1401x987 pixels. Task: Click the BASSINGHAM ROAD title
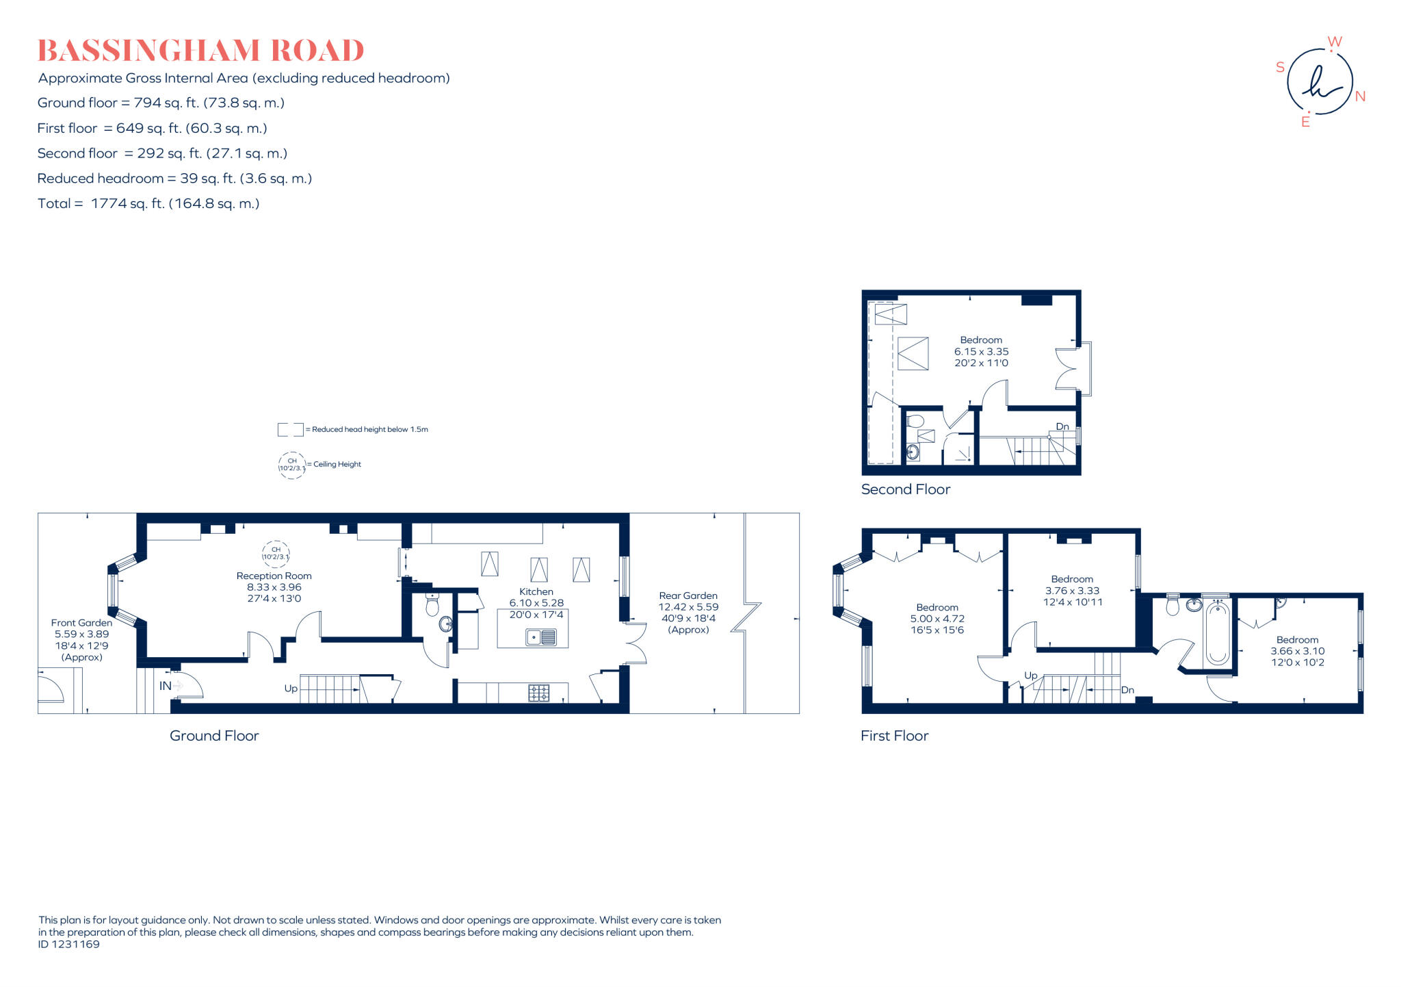coord(200,51)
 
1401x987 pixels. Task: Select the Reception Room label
coord(274,576)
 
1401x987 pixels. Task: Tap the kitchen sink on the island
coord(540,637)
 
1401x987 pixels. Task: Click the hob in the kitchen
coord(538,693)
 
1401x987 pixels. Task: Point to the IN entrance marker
coord(166,685)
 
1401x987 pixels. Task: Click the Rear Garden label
coord(688,595)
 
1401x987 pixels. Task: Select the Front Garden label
coord(81,623)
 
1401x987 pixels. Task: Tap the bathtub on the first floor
coord(1217,633)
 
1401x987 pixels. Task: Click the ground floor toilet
coord(432,605)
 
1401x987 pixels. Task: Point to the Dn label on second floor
coord(1062,426)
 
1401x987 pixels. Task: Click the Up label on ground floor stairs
coord(291,689)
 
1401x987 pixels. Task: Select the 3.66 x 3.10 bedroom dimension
coord(1298,651)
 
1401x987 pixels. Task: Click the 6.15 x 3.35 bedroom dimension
coord(981,351)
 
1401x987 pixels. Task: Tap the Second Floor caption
coord(905,489)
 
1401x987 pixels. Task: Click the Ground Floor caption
coord(214,736)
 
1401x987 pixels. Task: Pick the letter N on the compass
coord(1360,97)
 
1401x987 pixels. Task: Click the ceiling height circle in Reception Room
coord(276,553)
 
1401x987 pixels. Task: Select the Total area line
coord(148,203)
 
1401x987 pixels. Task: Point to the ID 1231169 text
coord(69,944)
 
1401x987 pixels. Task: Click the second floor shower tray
coord(959,449)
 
